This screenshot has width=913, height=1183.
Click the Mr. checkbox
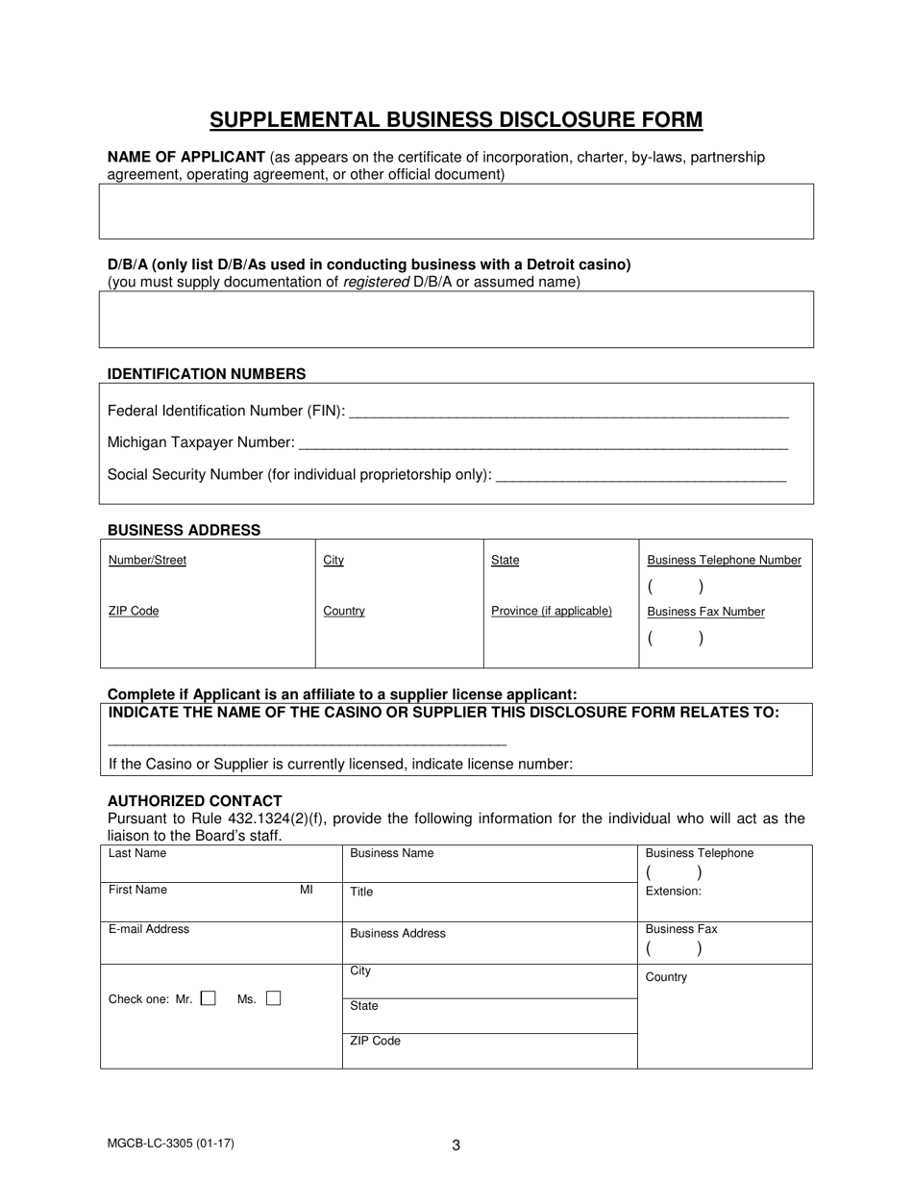pos(208,999)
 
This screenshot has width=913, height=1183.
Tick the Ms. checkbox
pos(274,999)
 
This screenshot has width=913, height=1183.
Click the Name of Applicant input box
pos(456,212)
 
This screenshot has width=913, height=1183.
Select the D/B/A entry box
pos(456,319)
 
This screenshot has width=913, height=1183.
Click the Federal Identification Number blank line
pos(569,413)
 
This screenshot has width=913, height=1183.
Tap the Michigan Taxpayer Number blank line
pos(543,444)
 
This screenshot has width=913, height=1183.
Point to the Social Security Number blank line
pos(642,476)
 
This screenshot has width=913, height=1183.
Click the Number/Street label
pos(147,560)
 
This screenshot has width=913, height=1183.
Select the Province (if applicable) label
pos(551,611)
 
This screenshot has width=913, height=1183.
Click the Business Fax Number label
pos(705,612)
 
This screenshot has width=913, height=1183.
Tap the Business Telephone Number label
pos(724,560)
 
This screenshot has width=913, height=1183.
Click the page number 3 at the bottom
pos(456,1145)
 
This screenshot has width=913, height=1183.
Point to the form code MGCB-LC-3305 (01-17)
pos(170,1144)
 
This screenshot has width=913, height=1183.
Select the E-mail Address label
pos(149,929)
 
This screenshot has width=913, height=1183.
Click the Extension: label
pos(673,892)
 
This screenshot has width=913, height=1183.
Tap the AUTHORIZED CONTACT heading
pos(194,801)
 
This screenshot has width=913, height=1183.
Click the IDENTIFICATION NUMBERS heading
pos(207,374)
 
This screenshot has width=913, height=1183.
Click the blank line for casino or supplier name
pos(308,743)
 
